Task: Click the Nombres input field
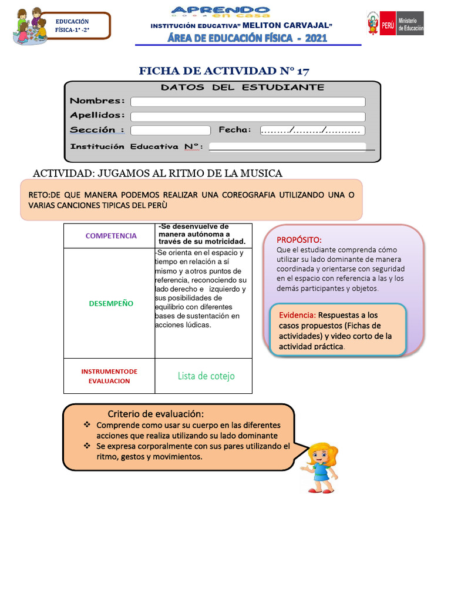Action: [247, 102]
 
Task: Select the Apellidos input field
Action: [247, 116]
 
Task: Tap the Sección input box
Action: [170, 131]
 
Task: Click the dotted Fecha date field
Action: [312, 131]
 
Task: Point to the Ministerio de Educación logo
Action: [409, 24]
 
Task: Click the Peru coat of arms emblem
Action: [373, 24]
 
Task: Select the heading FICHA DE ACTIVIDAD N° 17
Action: [224, 71]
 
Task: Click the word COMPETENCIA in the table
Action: [111, 236]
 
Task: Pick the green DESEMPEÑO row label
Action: [111, 303]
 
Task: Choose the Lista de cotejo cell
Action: [206, 376]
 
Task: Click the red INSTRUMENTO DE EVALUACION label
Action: [109, 376]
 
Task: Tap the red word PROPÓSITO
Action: [299, 240]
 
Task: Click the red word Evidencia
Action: [298, 315]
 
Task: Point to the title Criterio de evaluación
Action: [156, 414]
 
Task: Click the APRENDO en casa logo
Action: [221, 13]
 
